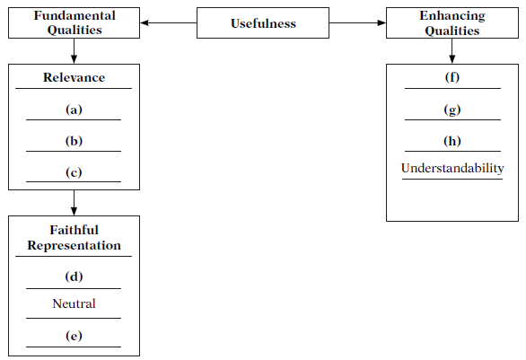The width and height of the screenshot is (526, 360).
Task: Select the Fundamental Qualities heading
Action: [75, 22]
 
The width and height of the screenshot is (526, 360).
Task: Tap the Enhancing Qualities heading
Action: [452, 22]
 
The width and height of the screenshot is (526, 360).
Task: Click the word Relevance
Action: [74, 77]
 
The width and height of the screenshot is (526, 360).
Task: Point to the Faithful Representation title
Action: [74, 238]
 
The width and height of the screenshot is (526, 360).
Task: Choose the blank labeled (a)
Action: [74, 110]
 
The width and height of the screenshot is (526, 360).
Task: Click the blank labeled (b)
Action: [74, 141]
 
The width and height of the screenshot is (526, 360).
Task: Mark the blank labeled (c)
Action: [74, 172]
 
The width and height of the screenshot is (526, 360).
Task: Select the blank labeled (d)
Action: [74, 277]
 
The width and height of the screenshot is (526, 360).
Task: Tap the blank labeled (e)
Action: [74, 336]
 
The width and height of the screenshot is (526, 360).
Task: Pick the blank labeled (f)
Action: [452, 77]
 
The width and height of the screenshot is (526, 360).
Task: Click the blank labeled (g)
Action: [452, 110]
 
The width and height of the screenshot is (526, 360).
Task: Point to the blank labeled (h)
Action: [452, 141]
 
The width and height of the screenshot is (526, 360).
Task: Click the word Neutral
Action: [74, 303]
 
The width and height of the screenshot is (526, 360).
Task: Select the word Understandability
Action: [452, 168]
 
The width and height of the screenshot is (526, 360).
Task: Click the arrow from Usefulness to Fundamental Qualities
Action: [169, 22]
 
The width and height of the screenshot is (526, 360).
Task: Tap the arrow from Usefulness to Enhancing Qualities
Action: [357, 22]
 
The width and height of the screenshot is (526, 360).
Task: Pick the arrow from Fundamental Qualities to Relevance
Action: [74, 51]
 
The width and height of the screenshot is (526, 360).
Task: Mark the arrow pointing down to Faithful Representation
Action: [74, 203]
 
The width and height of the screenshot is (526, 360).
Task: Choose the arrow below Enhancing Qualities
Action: [451, 51]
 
